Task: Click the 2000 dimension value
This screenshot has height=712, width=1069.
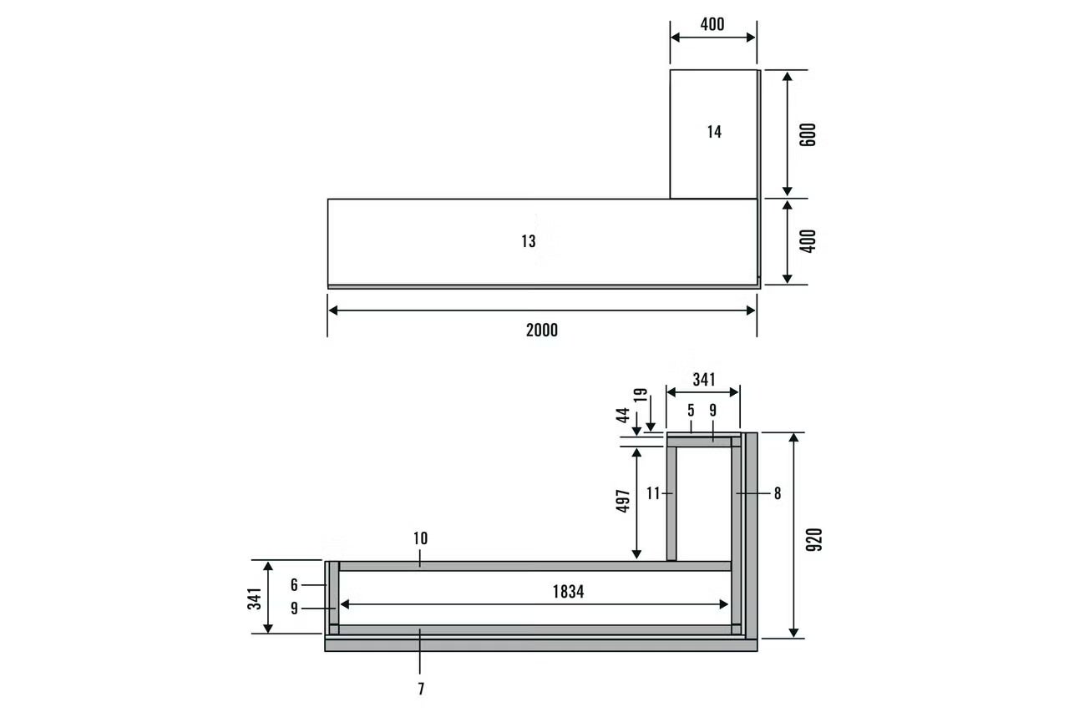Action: coord(542,330)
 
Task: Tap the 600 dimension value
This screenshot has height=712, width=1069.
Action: coord(808,135)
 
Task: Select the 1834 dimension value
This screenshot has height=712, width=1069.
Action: coord(568,592)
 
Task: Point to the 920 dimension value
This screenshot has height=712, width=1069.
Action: coord(814,540)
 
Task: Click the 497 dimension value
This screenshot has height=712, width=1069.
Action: coord(623,501)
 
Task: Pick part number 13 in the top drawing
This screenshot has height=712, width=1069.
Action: coord(529,241)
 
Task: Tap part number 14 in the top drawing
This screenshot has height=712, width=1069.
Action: coord(714,132)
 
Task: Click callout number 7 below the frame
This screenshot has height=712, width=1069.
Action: coord(421,689)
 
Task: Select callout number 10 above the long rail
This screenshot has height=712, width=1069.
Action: coord(420,538)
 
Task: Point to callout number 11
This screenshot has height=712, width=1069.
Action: coord(653,493)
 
